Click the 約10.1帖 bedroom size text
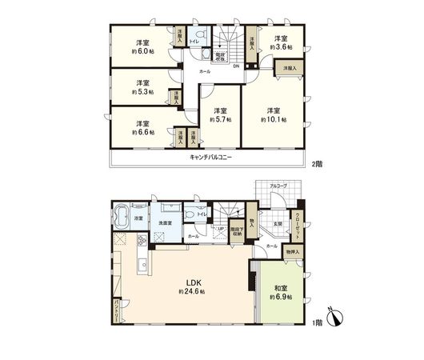(x=274, y=119)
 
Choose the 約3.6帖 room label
(x=281, y=47)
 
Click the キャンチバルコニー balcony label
(x=210, y=158)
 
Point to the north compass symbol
(x=336, y=318)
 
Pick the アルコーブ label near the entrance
(x=278, y=185)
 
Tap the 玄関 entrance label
(x=276, y=223)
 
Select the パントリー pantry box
(x=115, y=307)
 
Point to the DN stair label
(x=237, y=66)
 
